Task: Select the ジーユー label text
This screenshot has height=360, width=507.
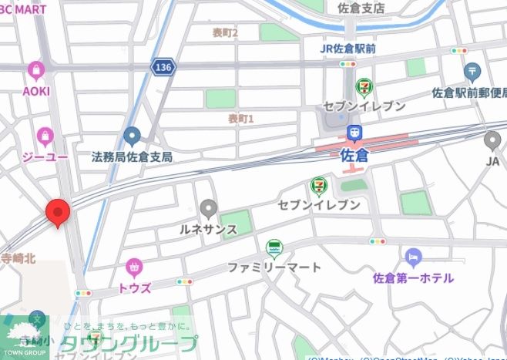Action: click(45, 156)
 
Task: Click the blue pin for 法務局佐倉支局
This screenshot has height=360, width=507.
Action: click(132, 137)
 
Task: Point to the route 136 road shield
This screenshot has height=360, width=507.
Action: click(164, 68)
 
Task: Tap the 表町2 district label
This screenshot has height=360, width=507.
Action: click(225, 32)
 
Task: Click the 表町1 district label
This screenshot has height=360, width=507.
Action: click(240, 119)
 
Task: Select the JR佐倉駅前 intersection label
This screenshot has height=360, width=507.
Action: click(348, 49)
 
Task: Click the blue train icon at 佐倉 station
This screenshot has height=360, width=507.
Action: click(355, 133)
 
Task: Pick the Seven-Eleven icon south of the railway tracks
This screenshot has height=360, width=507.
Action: click(318, 186)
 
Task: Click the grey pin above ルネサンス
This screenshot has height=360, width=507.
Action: click(208, 208)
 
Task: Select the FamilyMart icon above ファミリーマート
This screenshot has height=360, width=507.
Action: click(274, 248)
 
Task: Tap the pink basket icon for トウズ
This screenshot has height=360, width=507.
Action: click(134, 268)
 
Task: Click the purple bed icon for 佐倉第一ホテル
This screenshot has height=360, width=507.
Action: click(413, 257)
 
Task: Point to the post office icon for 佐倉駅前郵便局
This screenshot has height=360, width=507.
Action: click(473, 72)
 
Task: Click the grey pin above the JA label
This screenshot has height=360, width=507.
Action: click(492, 140)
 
